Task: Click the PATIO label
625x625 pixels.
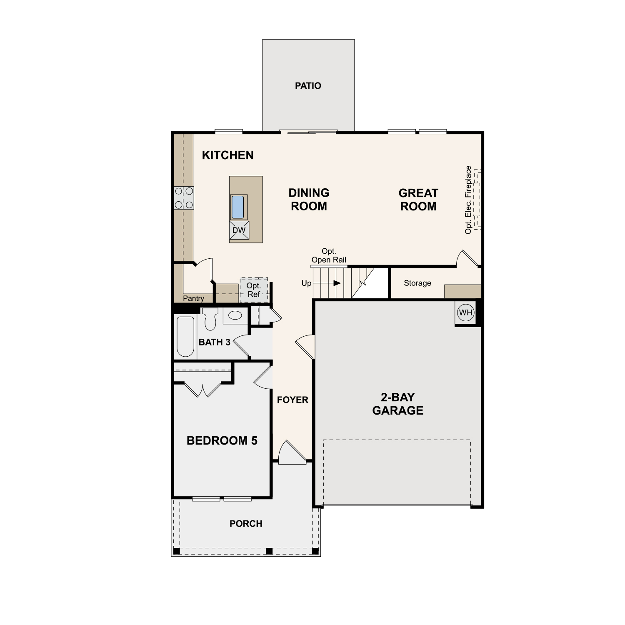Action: click(x=308, y=86)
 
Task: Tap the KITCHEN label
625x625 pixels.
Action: click(x=227, y=155)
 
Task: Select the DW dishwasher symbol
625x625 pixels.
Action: click(x=239, y=230)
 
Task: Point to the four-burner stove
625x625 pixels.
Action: click(x=184, y=198)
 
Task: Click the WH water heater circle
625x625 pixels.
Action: click(x=465, y=312)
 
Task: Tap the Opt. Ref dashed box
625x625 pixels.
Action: click(x=254, y=290)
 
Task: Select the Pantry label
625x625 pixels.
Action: click(x=193, y=298)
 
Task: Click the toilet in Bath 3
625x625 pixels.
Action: click(x=210, y=319)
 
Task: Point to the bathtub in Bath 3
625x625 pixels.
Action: click(x=185, y=337)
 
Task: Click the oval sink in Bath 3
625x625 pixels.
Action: click(x=235, y=315)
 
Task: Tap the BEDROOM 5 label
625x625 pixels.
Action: click(x=222, y=441)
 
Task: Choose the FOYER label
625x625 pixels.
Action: click(x=292, y=400)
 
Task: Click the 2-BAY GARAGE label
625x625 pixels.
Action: click(x=398, y=404)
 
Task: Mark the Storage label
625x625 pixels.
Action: click(x=417, y=283)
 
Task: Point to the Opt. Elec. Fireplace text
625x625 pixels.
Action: click(x=468, y=200)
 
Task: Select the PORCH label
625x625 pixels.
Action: click(x=246, y=524)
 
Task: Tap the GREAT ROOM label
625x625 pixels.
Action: click(x=418, y=200)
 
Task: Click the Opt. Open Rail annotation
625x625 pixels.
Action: click(x=329, y=255)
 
